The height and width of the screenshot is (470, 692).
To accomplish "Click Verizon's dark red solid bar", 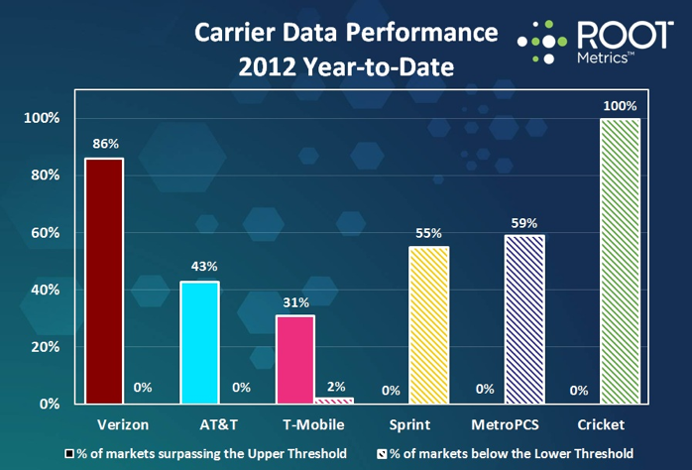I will pyautogui.click(x=103, y=281).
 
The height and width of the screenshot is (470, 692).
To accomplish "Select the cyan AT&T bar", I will pyautogui.click(x=199, y=342).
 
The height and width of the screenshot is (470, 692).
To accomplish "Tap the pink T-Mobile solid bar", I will pyautogui.click(x=294, y=359).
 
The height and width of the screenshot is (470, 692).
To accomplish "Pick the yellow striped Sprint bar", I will pyautogui.click(x=429, y=325).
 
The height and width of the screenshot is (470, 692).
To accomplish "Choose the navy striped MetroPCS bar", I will pyautogui.click(x=524, y=319).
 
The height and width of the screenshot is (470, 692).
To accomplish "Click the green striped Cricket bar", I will pyautogui.click(x=620, y=261).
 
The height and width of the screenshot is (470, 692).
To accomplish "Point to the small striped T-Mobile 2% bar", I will pyautogui.click(x=334, y=401).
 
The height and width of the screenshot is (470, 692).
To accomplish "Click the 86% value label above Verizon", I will pyautogui.click(x=103, y=144).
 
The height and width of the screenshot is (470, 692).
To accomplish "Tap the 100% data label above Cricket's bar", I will pyautogui.click(x=620, y=104).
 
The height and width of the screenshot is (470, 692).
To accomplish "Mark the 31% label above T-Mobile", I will pyautogui.click(x=294, y=301).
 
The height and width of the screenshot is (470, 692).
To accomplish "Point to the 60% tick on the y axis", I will pyautogui.click(x=46, y=233).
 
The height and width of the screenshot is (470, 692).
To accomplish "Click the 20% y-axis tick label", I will pyautogui.click(x=46, y=347).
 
